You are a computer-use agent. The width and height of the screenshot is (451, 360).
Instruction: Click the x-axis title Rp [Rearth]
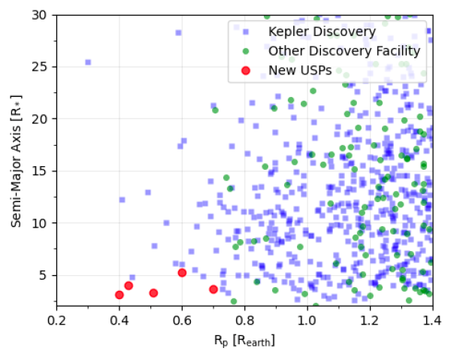pos(244,340)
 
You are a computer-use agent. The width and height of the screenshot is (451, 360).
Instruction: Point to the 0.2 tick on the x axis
pos(56,320)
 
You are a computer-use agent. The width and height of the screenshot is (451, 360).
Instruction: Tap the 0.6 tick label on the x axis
pos(181,320)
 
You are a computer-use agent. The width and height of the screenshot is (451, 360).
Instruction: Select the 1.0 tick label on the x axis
pos(306,320)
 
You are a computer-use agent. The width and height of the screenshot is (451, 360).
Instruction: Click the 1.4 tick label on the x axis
pos(431,320)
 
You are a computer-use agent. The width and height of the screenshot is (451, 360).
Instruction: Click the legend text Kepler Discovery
pos(322,32)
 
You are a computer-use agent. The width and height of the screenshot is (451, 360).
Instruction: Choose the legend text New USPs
pos(301,71)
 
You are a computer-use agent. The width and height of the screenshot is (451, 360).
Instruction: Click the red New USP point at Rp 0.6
pos(182,273)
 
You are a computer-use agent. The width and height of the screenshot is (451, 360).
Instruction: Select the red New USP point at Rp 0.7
pos(213,289)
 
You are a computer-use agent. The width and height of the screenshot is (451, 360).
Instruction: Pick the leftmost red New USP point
pos(120,295)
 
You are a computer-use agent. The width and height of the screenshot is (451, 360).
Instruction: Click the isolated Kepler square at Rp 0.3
pos(88,62)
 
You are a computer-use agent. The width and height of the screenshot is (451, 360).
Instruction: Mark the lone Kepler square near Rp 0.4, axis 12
pos(122,200)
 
